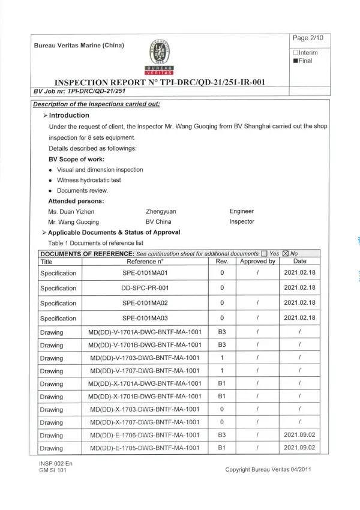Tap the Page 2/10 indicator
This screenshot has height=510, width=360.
coord(308,38)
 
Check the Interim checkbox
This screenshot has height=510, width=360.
coord(296,52)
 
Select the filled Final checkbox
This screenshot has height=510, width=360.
coord(296,61)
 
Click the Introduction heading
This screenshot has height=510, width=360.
coord(69,115)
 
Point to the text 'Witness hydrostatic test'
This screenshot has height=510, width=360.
coord(89,179)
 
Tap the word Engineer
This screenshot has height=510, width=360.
coord(242,211)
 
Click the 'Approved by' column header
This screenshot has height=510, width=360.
coord(257,261)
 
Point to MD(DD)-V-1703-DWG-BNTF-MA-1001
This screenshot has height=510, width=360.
coord(145,358)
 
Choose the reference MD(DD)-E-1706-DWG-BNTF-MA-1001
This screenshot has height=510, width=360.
coord(145,435)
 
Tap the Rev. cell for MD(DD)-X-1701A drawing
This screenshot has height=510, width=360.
coord(221,383)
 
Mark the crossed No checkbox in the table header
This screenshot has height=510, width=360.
coord(285,253)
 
